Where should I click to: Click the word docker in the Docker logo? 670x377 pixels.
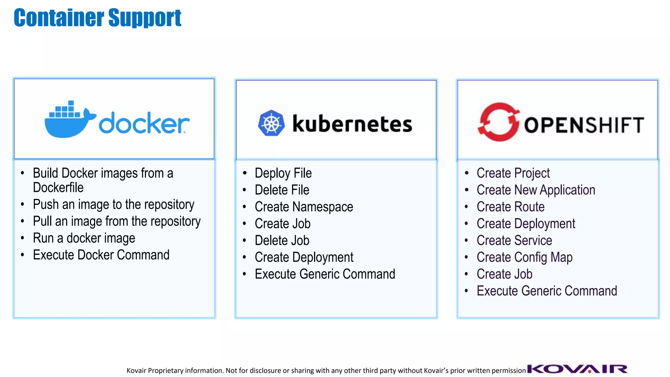click(144, 123)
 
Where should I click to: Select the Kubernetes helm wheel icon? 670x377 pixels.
click(271, 123)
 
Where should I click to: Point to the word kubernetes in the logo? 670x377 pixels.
click(352, 124)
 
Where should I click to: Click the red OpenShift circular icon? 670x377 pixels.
click(499, 122)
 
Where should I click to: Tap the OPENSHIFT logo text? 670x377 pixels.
click(584, 125)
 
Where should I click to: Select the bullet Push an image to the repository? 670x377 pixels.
click(114, 205)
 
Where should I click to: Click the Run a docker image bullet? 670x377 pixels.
click(84, 238)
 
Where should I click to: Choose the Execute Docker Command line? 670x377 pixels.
click(101, 255)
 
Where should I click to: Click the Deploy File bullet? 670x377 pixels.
click(283, 173)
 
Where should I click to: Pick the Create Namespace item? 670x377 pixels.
click(304, 207)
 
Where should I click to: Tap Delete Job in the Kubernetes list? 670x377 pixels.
click(282, 241)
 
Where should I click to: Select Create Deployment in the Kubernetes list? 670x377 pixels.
click(304, 257)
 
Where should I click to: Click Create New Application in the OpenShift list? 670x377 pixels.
click(536, 190)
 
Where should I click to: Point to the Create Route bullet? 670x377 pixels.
click(510, 207)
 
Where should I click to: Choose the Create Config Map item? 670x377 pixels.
click(524, 257)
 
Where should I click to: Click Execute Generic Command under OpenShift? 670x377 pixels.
click(547, 291)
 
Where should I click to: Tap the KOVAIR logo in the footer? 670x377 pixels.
click(577, 369)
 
